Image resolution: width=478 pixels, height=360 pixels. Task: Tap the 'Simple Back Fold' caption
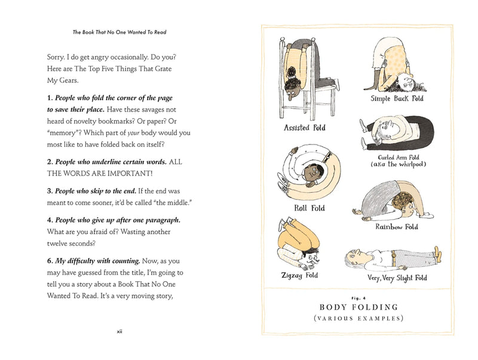(x=397, y=99)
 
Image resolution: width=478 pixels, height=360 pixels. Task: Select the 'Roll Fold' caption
(x=310, y=208)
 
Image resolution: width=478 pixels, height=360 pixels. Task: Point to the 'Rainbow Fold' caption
(x=396, y=227)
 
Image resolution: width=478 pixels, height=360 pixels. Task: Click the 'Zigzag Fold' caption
(x=299, y=275)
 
